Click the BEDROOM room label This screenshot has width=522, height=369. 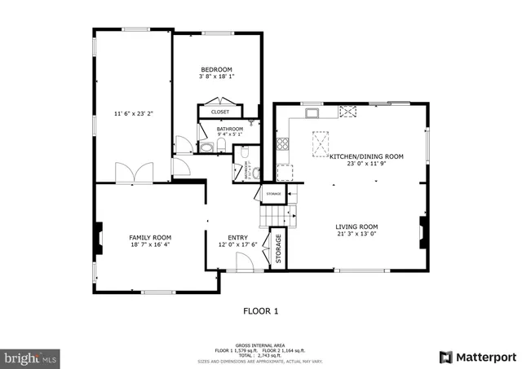pos(216,69)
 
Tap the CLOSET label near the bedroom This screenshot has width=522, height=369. pos(220,112)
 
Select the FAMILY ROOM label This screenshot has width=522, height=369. pos(150,237)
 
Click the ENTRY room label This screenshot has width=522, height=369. pos(237,237)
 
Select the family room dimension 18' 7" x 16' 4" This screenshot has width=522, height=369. pos(150,244)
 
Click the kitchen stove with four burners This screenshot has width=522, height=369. pos(283,145)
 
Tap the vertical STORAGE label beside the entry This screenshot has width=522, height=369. pos(278,248)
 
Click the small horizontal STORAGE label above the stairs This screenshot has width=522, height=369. pos(272,194)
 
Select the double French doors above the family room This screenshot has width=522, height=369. pos(134,174)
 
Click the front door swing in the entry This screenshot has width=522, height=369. pos(241,261)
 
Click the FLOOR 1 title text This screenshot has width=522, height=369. pos(261,310)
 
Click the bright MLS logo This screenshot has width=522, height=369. pos(31,357)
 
